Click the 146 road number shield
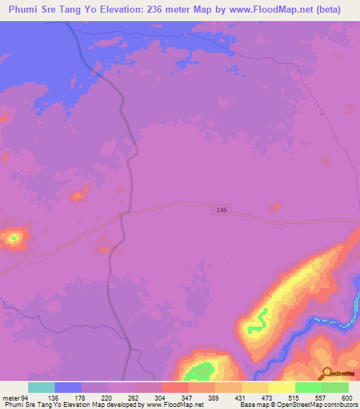pos(222,210)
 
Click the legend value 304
pos(161,397)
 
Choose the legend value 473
pos(268,397)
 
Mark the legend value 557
pos(321,397)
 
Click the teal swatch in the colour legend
pos(41,387)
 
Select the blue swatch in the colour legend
pos(68,387)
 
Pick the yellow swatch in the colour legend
pos(282,387)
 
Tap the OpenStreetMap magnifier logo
pos(326,374)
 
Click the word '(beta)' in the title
pos(326,10)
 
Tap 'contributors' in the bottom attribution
pos(340,405)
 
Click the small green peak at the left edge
pos(13,239)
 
